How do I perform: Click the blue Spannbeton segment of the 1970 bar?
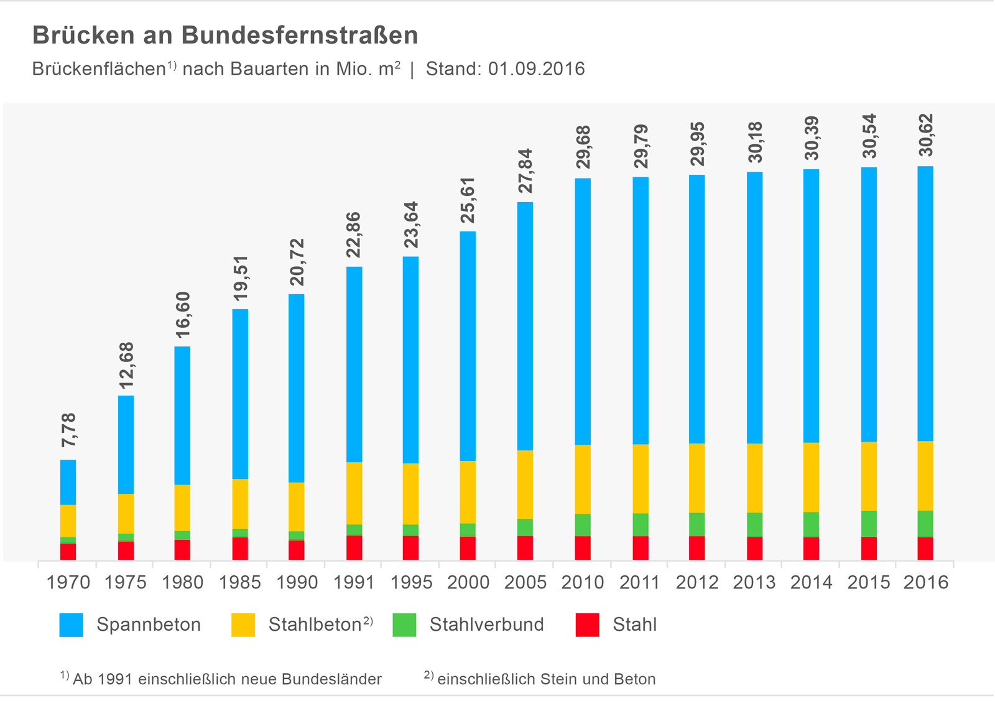[x=68, y=482]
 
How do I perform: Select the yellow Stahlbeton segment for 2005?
[x=525, y=485]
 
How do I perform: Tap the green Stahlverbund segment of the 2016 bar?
[x=925, y=524]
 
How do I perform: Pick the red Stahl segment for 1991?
[x=354, y=547]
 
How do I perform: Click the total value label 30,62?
[x=926, y=135]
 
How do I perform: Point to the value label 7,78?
[x=68, y=430]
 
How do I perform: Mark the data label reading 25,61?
[x=468, y=200]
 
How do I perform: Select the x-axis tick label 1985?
[x=239, y=582]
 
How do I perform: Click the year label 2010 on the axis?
[x=582, y=582]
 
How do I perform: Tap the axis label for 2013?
[x=754, y=582]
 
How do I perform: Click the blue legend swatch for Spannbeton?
[x=71, y=624]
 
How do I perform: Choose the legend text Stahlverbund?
[x=486, y=624]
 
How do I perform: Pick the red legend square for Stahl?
[x=587, y=624]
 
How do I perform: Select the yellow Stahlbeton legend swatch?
[x=243, y=624]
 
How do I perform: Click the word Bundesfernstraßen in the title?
[x=300, y=35]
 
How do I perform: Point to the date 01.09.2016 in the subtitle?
[x=536, y=68]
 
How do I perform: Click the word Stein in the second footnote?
[x=560, y=679]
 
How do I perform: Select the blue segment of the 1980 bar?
[x=182, y=415]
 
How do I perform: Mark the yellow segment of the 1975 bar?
[x=126, y=513]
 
